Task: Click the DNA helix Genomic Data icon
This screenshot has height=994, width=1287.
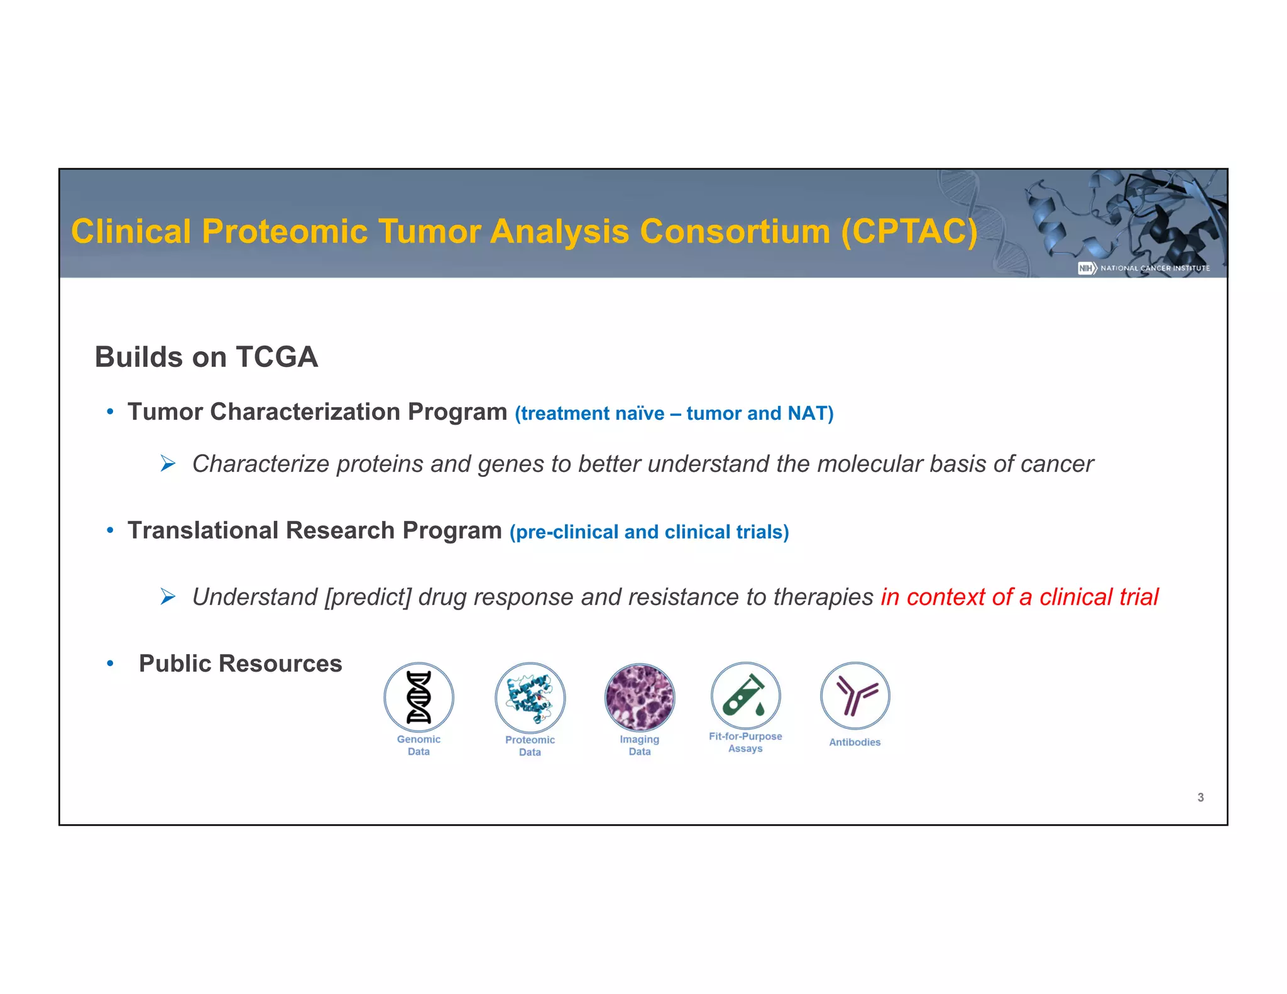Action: (x=419, y=697)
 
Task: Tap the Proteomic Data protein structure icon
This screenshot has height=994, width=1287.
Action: (x=530, y=697)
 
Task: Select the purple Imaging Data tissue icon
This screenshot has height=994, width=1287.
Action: (x=639, y=697)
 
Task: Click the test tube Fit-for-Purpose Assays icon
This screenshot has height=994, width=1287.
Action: (x=745, y=696)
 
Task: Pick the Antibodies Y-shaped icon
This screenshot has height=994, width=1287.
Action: (x=855, y=696)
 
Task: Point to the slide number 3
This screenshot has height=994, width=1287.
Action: (x=1200, y=797)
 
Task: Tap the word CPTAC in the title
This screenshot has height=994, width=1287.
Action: (x=909, y=231)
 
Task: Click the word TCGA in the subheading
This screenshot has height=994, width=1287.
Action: (x=277, y=357)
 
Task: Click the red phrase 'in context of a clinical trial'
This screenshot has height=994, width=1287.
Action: (x=1019, y=597)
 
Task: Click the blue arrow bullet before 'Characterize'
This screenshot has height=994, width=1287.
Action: (x=167, y=464)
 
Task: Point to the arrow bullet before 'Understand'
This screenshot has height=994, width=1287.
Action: (x=167, y=596)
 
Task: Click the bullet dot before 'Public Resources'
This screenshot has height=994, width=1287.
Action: (x=110, y=664)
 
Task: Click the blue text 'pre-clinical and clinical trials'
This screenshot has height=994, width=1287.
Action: (x=649, y=532)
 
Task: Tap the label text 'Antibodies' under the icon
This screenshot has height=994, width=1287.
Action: (x=855, y=742)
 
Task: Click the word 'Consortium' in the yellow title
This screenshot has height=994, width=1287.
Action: (x=735, y=231)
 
